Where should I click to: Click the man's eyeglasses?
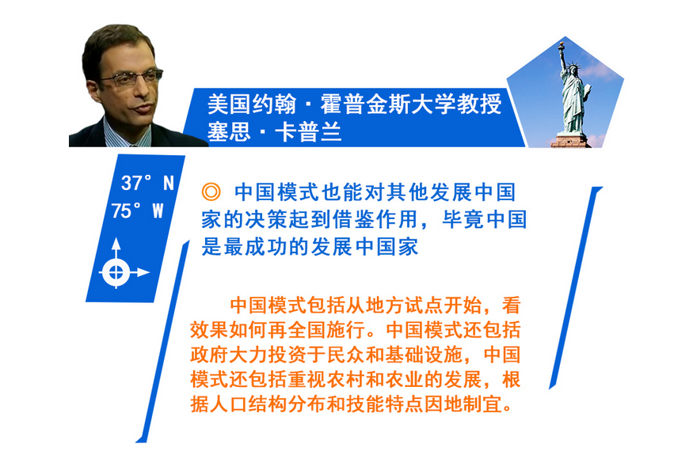[131, 78]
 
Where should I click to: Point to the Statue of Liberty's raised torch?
[561, 45]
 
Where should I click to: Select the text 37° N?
[147, 183]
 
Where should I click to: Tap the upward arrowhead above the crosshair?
[116, 244]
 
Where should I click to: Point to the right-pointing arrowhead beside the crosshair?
[143, 272]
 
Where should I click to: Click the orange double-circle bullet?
[211, 191]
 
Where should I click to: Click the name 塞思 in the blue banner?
[229, 131]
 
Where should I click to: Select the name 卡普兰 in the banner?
[308, 131]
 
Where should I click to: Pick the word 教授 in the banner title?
[479, 104]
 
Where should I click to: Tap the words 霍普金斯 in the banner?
[365, 104]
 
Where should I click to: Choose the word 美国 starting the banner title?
[229, 104]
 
